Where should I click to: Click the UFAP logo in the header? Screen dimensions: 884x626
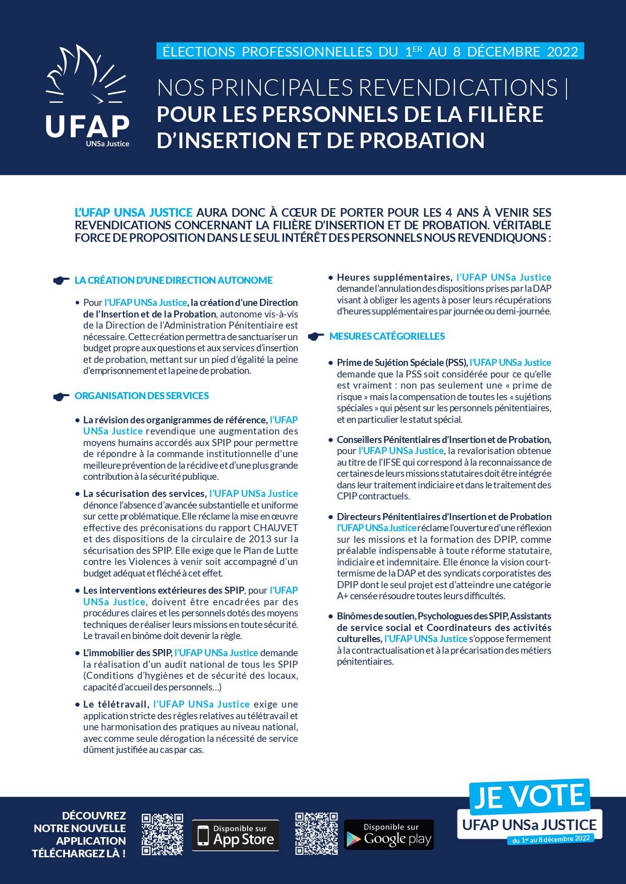87,96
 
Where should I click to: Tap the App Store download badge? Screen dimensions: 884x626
236,835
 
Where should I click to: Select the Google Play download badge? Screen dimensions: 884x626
388,835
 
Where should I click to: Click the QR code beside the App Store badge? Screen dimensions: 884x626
162,834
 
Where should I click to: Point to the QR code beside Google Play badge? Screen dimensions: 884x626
316,834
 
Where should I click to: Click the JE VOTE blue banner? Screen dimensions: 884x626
529,796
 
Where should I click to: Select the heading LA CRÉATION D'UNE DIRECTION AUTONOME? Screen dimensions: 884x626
173,280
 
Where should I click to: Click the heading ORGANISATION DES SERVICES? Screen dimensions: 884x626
141,396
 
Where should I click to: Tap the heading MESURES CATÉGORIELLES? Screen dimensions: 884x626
387,336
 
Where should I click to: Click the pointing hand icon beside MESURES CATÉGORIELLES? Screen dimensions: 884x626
316,336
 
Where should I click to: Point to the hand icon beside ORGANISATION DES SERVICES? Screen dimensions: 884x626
61,396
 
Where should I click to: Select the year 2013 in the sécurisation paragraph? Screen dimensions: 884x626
260,539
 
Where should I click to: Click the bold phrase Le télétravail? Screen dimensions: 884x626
115,704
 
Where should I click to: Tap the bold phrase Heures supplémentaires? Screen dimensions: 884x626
394,277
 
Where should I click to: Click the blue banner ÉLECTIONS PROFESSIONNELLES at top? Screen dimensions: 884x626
370,51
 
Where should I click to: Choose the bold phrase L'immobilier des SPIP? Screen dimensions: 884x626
127,653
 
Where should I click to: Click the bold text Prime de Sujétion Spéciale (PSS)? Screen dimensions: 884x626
402,362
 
